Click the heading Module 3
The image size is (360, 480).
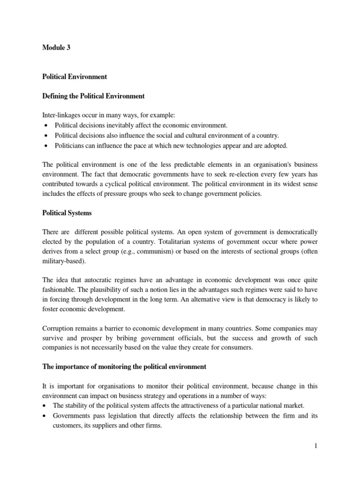56,47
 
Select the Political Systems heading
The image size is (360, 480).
67,213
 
